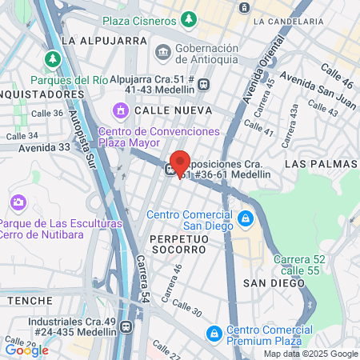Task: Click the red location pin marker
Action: click(180, 162)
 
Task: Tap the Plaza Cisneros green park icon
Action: click(188, 18)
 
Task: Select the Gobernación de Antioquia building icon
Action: click(163, 52)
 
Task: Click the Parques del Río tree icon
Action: click(53, 59)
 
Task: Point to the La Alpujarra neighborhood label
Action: click(95, 39)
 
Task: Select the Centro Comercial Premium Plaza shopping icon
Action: click(214, 333)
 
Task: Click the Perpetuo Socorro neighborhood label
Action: click(178, 249)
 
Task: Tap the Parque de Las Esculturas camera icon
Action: click(18, 202)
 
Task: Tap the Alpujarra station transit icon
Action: click(204, 83)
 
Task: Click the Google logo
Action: click(26, 350)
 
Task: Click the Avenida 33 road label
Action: click(44, 147)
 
